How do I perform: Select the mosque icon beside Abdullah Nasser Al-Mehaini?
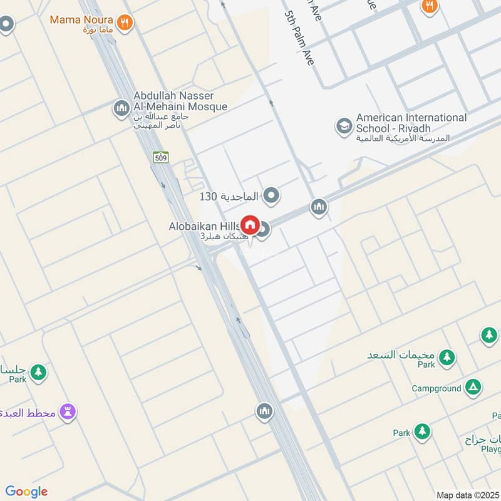click(x=121, y=109)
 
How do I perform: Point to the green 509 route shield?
click(x=161, y=157)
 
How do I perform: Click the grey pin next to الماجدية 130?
click(x=271, y=196)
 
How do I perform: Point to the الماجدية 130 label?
click(x=229, y=196)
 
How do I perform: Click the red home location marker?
click(x=250, y=225)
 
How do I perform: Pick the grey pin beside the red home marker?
click(x=264, y=230)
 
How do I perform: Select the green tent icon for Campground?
click(x=474, y=388)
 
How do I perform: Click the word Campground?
click(x=436, y=388)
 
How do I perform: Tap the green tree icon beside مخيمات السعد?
click(x=447, y=357)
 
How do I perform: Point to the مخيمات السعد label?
click(x=401, y=354)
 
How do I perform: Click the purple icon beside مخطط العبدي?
click(x=68, y=411)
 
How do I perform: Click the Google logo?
click(x=26, y=492)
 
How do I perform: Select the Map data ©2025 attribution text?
click(x=467, y=495)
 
